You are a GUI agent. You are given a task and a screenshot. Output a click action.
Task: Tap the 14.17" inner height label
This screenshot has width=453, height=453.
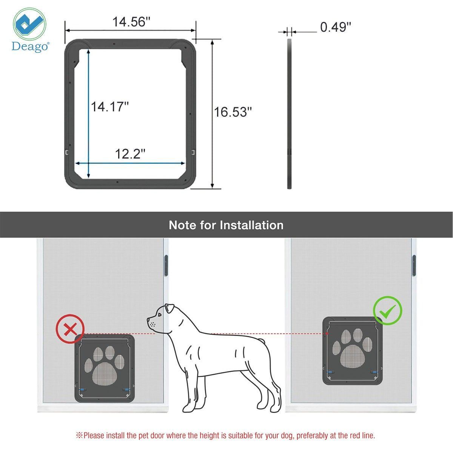pyautogui.click(x=109, y=107)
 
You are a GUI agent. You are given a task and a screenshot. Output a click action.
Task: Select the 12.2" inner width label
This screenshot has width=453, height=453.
pyautogui.click(x=130, y=154)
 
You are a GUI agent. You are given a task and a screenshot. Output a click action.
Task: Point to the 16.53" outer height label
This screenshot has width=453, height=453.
pyautogui.click(x=233, y=112)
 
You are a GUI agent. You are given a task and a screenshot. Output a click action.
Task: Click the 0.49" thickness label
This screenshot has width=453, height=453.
pyautogui.click(x=336, y=27)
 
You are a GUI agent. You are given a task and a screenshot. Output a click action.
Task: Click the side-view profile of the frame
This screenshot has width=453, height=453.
pyautogui.click(x=290, y=113)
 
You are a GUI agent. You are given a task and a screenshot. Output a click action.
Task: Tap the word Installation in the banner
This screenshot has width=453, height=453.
pyautogui.click(x=251, y=225)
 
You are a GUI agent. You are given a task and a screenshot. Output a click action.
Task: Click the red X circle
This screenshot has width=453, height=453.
pyautogui.click(x=70, y=329)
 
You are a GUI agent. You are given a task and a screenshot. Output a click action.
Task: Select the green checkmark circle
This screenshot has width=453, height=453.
pyautogui.click(x=388, y=311)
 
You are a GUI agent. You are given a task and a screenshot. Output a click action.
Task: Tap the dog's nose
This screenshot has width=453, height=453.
pyautogui.click(x=148, y=320)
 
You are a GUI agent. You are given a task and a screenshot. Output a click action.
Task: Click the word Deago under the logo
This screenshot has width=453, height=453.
pyautogui.click(x=29, y=46)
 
